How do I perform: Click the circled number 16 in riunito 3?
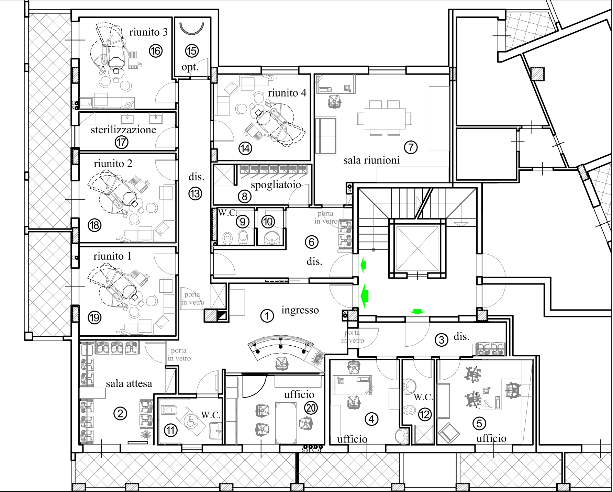point(156,51)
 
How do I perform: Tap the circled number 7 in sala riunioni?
point(411,147)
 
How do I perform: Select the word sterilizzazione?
point(123,130)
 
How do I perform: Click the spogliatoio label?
point(276,185)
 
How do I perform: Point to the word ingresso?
point(300,310)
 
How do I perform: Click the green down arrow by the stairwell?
point(417,311)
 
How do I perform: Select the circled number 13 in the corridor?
point(195,194)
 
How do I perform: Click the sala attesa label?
point(129,383)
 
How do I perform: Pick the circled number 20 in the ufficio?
point(311,408)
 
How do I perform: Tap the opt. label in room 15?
point(190,67)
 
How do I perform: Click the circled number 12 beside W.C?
point(425,415)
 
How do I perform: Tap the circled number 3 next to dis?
point(442,340)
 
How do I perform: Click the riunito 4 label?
point(287,93)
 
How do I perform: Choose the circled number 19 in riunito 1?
point(94,317)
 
